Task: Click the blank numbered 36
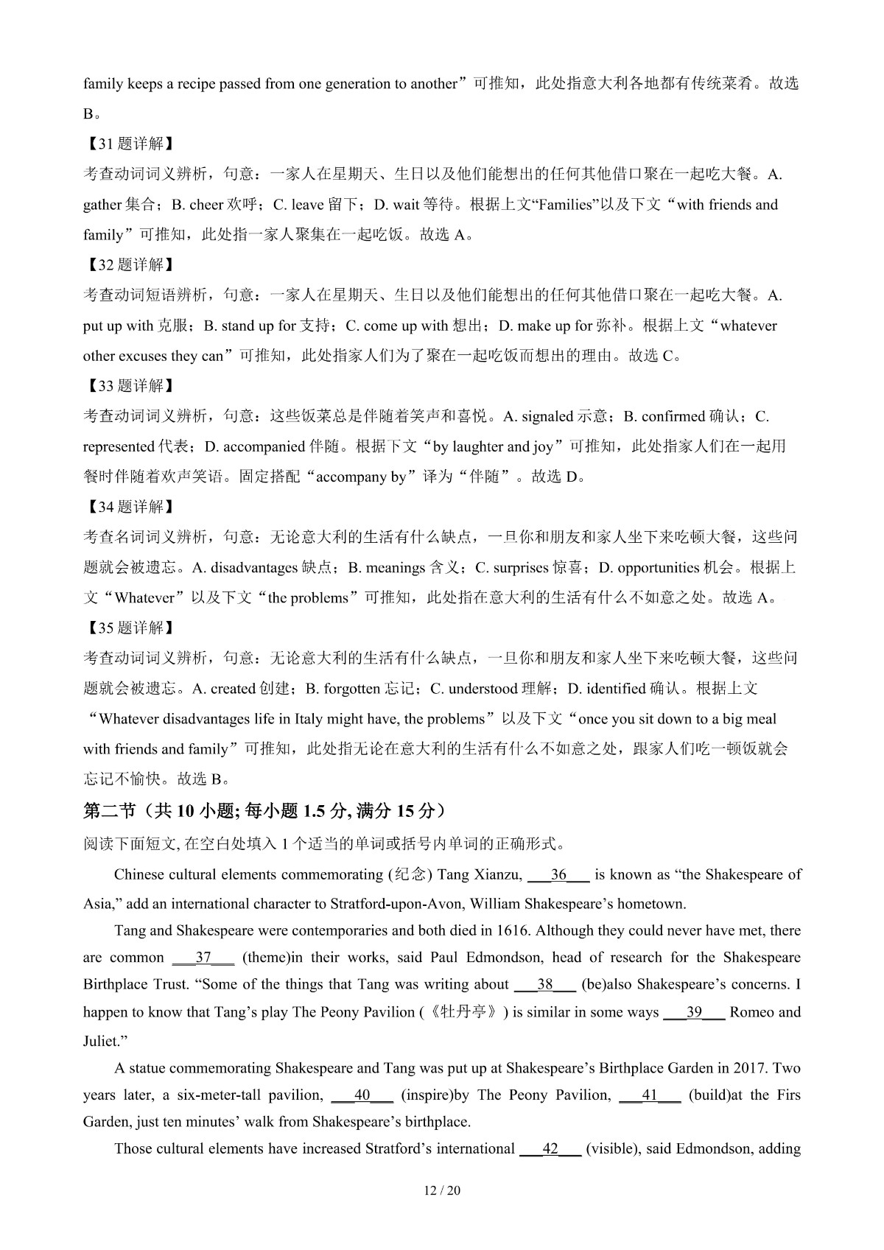pyautogui.click(x=559, y=875)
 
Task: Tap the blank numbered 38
pyautogui.click(x=544, y=985)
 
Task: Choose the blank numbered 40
pyautogui.click(x=362, y=1095)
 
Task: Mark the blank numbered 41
pyautogui.click(x=650, y=1095)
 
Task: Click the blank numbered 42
pyautogui.click(x=550, y=1148)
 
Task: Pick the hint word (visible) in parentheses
pyautogui.click(x=611, y=1148)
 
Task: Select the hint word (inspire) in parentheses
pyautogui.click(x=427, y=1095)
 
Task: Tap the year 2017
pyautogui.click(x=751, y=1068)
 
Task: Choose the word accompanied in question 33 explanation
pyautogui.click(x=264, y=446)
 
